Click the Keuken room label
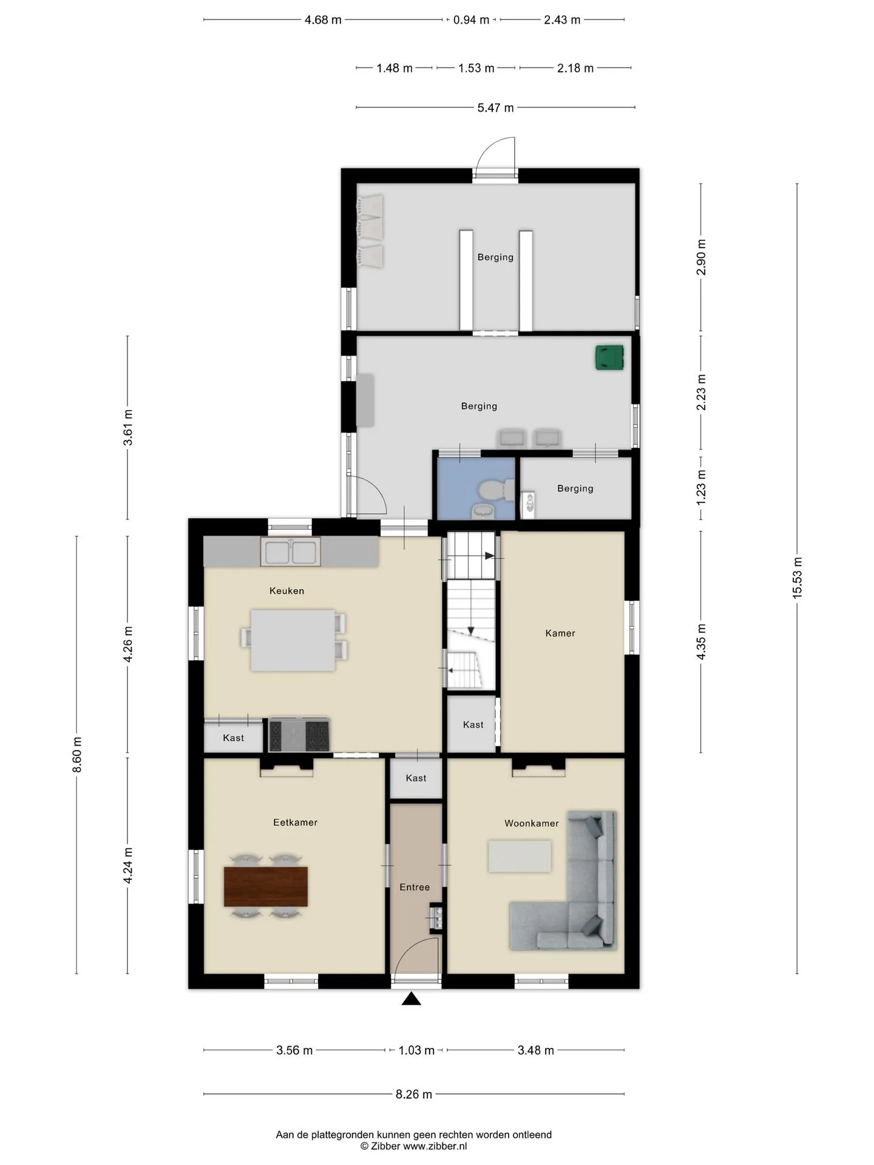pos(286,590)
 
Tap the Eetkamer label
pos(295,822)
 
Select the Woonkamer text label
pos(532,823)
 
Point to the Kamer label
pos(560,633)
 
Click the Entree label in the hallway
pos(415,887)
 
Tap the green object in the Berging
pos(609,357)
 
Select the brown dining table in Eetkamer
pos(266,886)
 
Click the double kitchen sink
pos(291,552)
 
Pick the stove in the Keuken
pos(299,735)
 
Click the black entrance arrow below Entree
pos(412,998)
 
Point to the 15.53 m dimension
pos(797,578)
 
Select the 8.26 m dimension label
pos(414,1094)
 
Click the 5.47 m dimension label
pos(495,107)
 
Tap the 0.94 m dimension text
pos(471,19)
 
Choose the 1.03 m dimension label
pos(416,1050)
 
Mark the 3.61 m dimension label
pos(127,428)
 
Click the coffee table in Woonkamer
pos(520,856)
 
